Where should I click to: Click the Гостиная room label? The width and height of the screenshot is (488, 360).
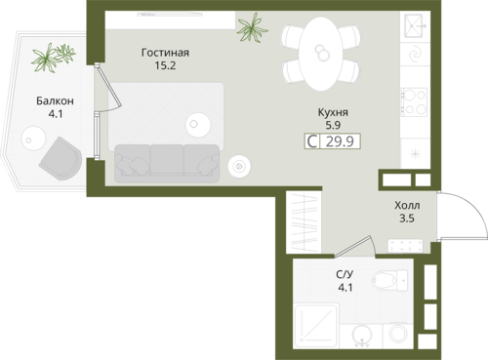point(165,53)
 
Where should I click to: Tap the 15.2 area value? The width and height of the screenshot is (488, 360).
point(165,65)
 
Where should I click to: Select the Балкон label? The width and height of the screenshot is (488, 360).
point(55,101)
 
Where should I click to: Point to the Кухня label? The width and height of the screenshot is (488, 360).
point(333,112)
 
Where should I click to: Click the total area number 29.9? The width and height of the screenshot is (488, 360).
point(340,141)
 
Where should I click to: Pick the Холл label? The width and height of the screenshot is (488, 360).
point(407,206)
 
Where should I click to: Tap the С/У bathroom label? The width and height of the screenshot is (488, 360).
point(345,275)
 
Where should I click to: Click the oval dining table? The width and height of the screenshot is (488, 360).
point(321,54)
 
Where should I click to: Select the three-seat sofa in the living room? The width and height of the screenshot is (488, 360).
point(167,163)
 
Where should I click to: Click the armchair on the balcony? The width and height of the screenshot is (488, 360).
point(61,159)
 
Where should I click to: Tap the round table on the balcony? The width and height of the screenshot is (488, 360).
point(33,139)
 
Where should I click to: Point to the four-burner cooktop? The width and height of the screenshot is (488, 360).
point(414,101)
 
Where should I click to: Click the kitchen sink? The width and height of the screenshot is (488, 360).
point(414,25)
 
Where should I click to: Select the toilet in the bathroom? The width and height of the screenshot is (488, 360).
point(389,280)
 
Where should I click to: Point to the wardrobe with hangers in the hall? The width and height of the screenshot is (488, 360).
point(304,222)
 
